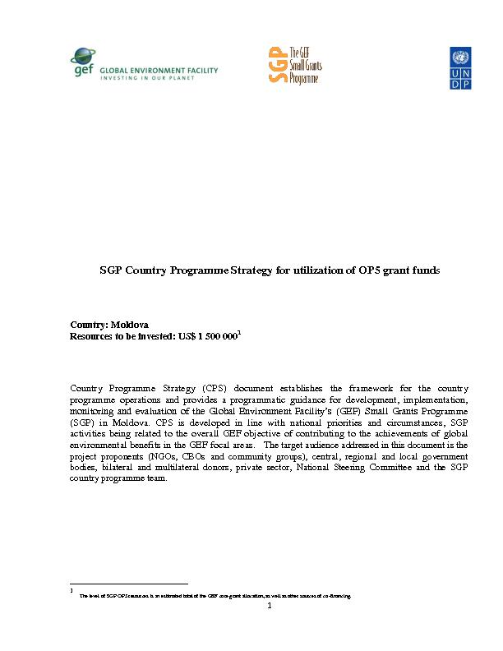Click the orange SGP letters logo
(278, 64)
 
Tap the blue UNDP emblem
(460, 67)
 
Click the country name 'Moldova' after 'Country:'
(126, 325)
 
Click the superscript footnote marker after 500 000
(238, 333)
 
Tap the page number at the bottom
(269, 606)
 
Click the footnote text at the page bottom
(214, 595)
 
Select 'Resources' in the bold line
(92, 336)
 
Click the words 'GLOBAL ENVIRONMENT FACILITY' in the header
(159, 71)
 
